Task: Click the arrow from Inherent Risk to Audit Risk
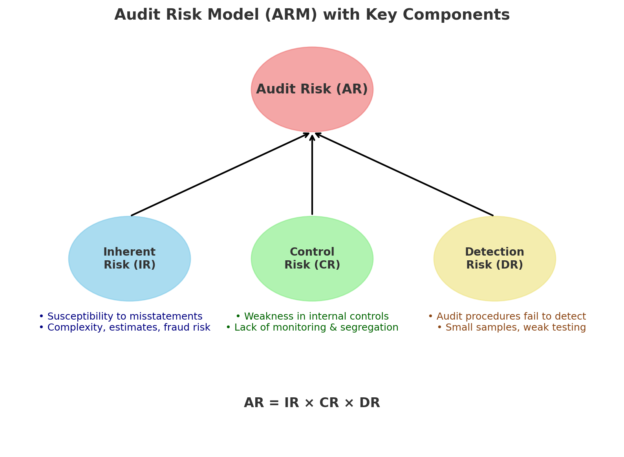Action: (x=220, y=174)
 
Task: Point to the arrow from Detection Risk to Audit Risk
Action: (x=404, y=174)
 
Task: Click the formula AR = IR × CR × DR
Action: (x=312, y=403)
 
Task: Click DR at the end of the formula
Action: (x=370, y=403)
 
